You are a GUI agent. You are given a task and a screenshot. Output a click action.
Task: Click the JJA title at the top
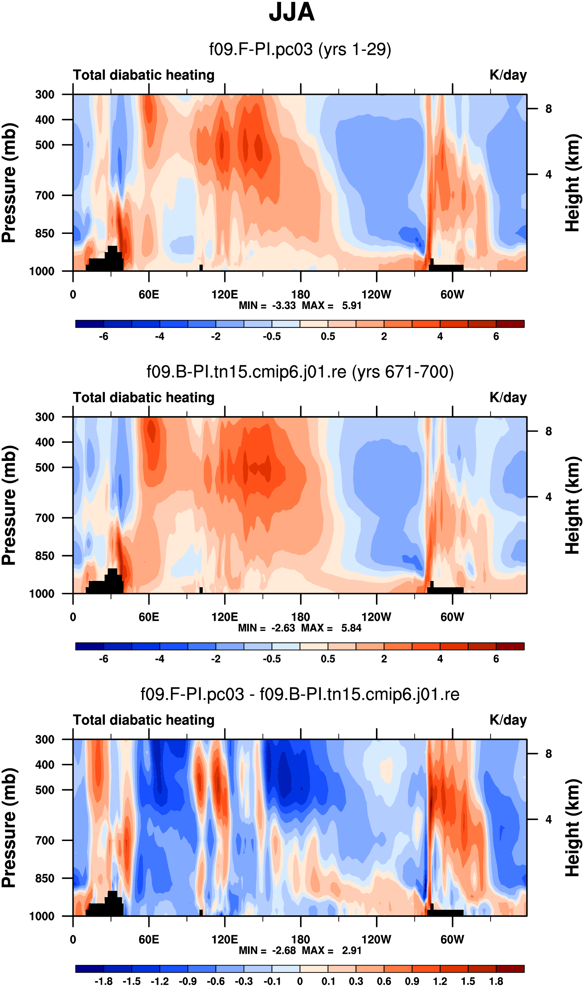pyautogui.click(x=292, y=13)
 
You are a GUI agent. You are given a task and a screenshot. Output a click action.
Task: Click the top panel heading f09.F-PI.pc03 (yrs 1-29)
pyautogui.click(x=300, y=49)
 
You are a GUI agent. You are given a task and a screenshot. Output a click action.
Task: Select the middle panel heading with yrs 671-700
pyautogui.click(x=300, y=372)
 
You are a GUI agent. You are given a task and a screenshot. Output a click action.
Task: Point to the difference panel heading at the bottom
pyautogui.click(x=300, y=694)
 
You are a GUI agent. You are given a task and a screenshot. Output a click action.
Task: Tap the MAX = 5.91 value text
pyautogui.click(x=331, y=306)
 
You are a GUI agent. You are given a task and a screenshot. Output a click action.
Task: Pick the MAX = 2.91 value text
pyautogui.click(x=331, y=951)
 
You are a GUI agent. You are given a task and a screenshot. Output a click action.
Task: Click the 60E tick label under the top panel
pyautogui.click(x=149, y=294)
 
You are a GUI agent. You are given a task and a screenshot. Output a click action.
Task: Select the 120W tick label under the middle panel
pyautogui.click(x=376, y=617)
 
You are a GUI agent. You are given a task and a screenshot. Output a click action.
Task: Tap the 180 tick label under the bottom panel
pyautogui.click(x=300, y=940)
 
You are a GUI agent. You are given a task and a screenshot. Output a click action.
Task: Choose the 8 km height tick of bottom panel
pyautogui.click(x=548, y=754)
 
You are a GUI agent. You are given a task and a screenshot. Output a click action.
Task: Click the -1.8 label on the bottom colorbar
pyautogui.click(x=104, y=981)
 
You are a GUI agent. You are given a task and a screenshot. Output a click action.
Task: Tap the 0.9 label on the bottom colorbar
pyautogui.click(x=412, y=981)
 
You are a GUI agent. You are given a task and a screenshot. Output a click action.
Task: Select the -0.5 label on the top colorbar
pyautogui.click(x=271, y=337)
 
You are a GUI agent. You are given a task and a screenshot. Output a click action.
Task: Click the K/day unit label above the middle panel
pyautogui.click(x=508, y=398)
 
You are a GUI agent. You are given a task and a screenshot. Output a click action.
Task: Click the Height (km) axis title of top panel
pyautogui.click(x=573, y=183)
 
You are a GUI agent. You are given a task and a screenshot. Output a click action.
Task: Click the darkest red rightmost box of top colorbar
pyautogui.click(x=510, y=324)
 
